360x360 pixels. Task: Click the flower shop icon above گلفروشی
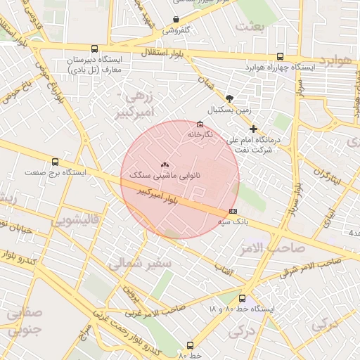(x=176, y=19)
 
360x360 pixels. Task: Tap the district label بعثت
(x=252, y=27)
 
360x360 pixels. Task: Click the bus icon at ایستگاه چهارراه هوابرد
(x=281, y=57)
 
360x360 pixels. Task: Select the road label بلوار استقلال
(x=162, y=53)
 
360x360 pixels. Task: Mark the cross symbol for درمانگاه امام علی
(x=254, y=129)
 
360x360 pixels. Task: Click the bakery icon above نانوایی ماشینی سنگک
(x=165, y=163)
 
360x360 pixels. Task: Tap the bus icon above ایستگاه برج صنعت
(x=56, y=162)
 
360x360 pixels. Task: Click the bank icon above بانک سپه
(x=233, y=210)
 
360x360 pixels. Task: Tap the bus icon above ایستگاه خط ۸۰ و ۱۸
(x=243, y=298)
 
